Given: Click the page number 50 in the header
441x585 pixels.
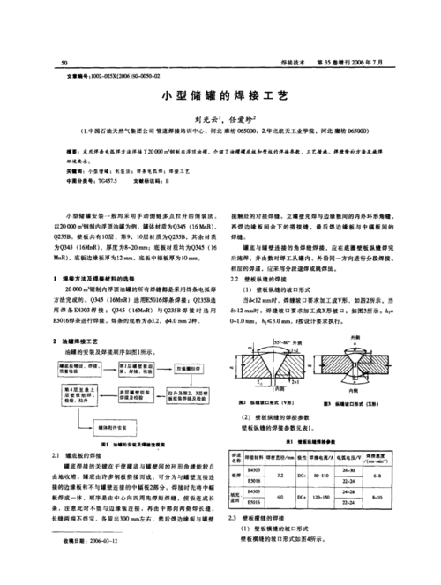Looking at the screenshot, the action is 64,63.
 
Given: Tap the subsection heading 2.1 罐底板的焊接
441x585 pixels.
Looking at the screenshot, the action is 89,454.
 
